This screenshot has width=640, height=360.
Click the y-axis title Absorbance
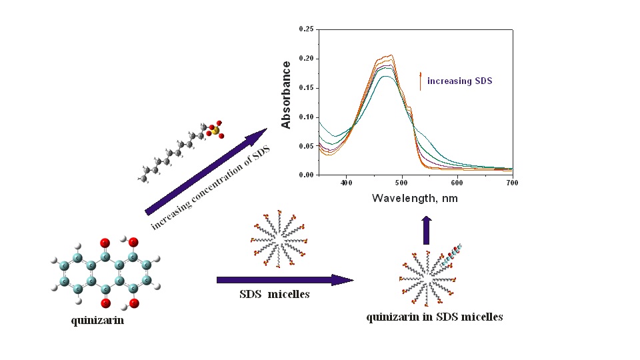coord(287,95)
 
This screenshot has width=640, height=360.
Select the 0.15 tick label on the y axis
coord(306,87)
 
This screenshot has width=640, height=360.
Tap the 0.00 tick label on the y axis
coord(306,175)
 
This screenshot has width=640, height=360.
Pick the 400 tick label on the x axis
coord(347,181)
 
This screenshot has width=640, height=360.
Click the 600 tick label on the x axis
coord(457,181)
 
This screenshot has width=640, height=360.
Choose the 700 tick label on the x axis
coord(511,181)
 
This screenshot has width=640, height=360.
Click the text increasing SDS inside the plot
coord(460,81)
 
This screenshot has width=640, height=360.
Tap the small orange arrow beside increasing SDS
coord(421,81)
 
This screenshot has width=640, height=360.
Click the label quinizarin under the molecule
coord(97,321)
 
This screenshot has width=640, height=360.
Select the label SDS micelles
coord(275,294)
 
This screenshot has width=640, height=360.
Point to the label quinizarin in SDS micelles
coord(434,317)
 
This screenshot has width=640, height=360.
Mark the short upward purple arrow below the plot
coord(426,229)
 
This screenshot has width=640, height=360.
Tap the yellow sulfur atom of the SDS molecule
coord(216,131)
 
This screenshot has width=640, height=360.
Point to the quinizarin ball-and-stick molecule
coord(104,273)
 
